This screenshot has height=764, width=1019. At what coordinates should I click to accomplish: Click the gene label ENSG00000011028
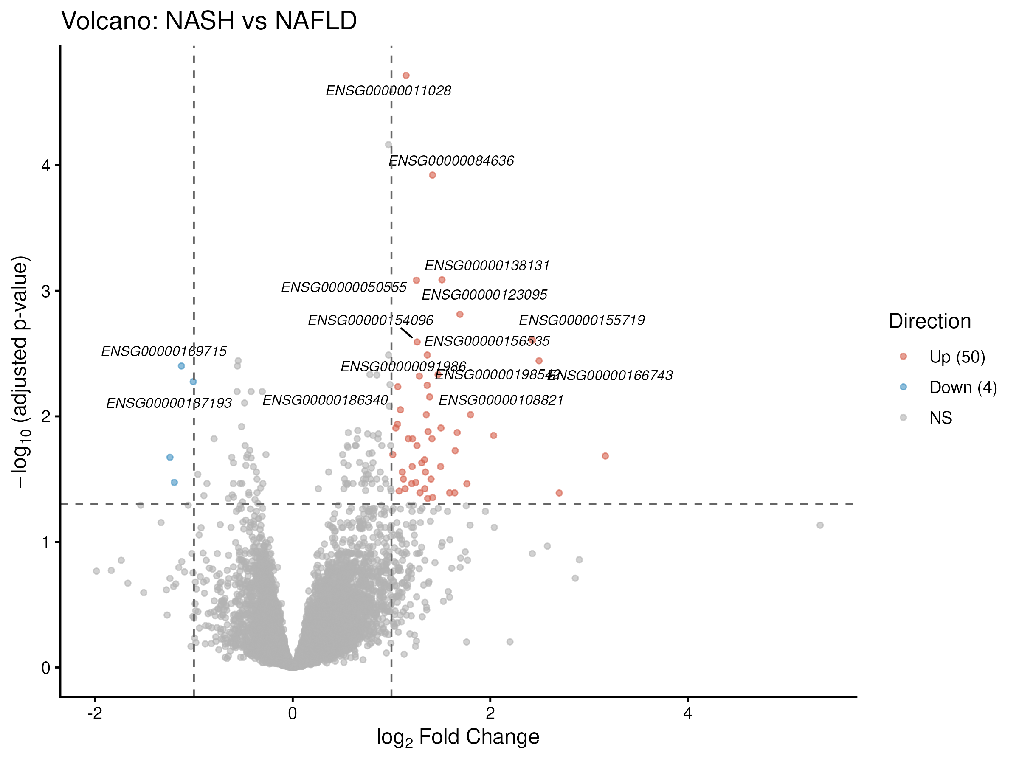(388, 91)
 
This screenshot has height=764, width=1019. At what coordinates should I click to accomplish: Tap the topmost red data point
(406, 76)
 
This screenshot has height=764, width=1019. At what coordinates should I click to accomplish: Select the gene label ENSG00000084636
(451, 161)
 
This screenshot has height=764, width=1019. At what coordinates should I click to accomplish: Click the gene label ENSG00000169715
(164, 352)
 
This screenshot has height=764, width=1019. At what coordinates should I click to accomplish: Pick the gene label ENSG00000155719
(582, 320)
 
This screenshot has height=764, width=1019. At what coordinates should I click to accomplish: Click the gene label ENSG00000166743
(611, 376)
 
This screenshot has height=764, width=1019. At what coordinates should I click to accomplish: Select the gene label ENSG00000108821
(501, 401)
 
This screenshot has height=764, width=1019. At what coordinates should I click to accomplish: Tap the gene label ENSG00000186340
(325, 400)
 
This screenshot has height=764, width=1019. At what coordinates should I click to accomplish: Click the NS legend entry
(940, 418)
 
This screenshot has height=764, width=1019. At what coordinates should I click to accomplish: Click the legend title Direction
(930, 321)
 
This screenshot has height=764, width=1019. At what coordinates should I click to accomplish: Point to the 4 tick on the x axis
(687, 714)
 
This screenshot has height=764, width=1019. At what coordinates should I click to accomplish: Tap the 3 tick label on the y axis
(45, 292)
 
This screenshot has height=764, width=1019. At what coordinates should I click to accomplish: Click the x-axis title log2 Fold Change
(458, 738)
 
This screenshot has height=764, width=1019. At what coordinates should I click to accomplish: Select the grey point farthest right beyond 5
(820, 525)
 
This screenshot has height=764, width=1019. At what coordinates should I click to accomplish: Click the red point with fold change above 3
(605, 456)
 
